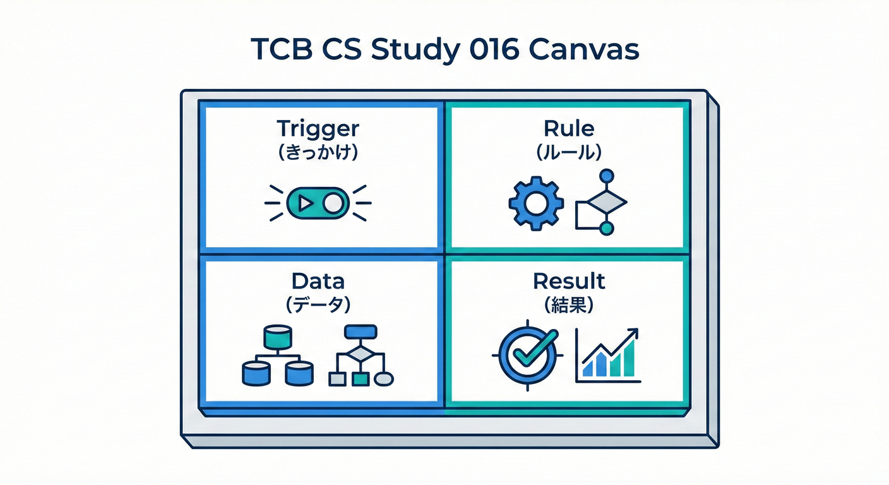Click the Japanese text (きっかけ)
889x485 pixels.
[318, 152]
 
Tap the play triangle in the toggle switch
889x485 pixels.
[305, 203]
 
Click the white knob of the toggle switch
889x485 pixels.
[333, 203]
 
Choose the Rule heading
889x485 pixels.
[569, 129]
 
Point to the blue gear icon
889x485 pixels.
[536, 203]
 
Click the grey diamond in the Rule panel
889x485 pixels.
[607, 202]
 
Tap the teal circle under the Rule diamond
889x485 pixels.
[606, 229]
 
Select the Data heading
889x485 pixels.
[318, 282]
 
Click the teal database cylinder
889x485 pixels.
[278, 338]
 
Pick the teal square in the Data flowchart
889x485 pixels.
[361, 379]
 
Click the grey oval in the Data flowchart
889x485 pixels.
[384, 379]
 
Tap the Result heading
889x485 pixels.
[569, 282]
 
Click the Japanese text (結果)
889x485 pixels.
[569, 305]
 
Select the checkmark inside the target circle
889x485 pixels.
[534, 349]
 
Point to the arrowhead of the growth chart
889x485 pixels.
[633, 333]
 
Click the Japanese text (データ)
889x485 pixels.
[318, 305]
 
